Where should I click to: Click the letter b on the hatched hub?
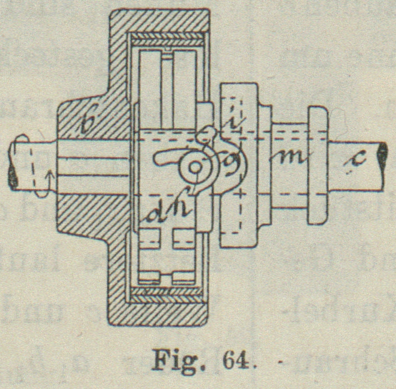point(92,122)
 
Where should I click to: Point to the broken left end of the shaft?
point(12,167)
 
